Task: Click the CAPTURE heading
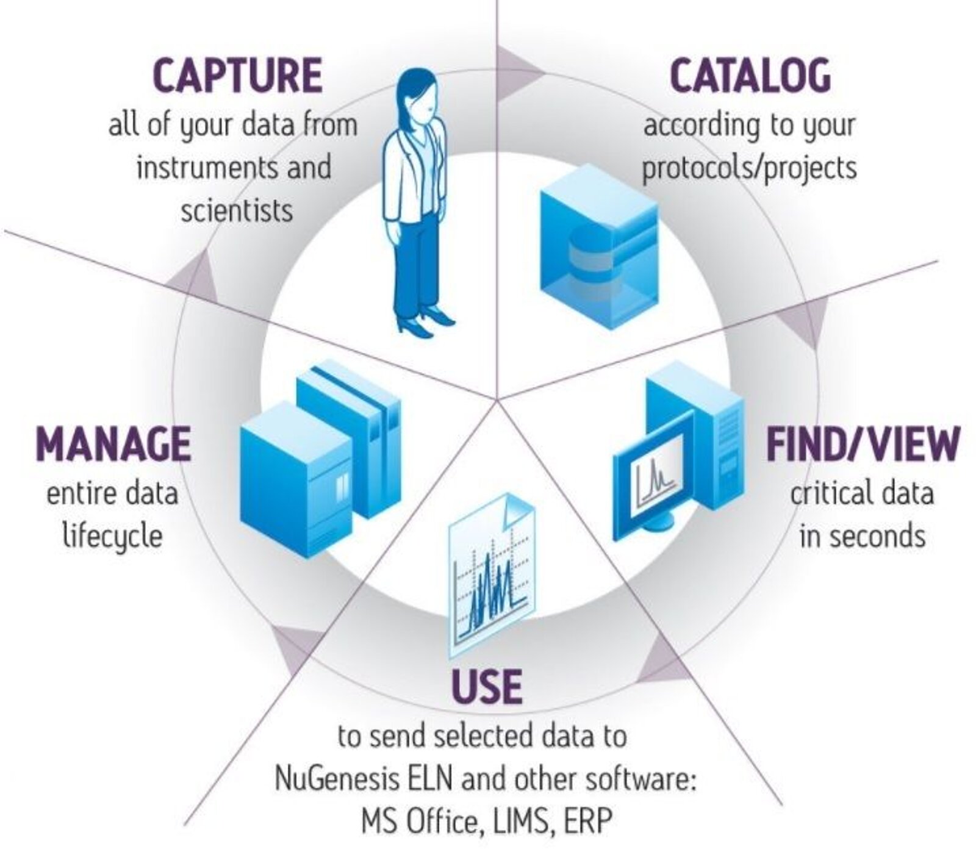(237, 76)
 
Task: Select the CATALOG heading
(750, 76)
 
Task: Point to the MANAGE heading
(113, 444)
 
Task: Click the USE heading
(486, 686)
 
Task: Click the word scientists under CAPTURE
(237, 211)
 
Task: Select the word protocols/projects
(749, 166)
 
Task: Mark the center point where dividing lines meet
(497, 400)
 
